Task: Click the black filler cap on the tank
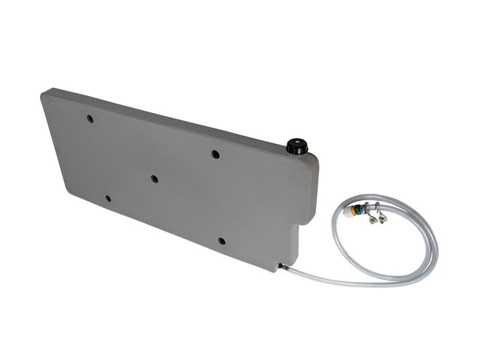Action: click(296, 146)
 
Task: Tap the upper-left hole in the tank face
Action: click(90, 119)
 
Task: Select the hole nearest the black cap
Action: click(215, 154)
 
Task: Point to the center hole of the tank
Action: click(154, 179)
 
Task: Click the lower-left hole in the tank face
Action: click(108, 198)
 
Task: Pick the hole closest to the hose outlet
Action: click(221, 241)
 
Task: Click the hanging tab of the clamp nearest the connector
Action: click(373, 220)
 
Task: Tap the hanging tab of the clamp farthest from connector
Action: click(383, 217)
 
